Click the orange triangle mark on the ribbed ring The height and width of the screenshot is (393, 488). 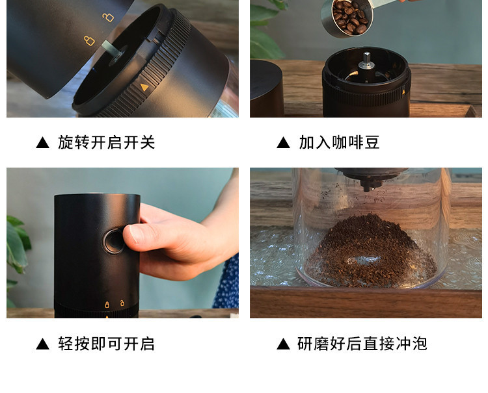coord(144,87)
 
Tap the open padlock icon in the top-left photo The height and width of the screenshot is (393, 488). coord(108,17)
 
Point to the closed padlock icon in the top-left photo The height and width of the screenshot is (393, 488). coord(89,41)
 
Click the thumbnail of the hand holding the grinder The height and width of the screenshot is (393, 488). coord(122,242)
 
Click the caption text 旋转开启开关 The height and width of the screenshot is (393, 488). coord(107,142)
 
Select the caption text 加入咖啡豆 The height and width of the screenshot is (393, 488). coord(339,142)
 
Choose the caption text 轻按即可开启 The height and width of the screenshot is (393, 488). coord(107,344)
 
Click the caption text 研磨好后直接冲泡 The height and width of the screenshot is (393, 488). coord(362,344)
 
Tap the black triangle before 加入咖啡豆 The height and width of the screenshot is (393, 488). coord(283,143)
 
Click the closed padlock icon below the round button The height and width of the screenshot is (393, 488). coord(107,303)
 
